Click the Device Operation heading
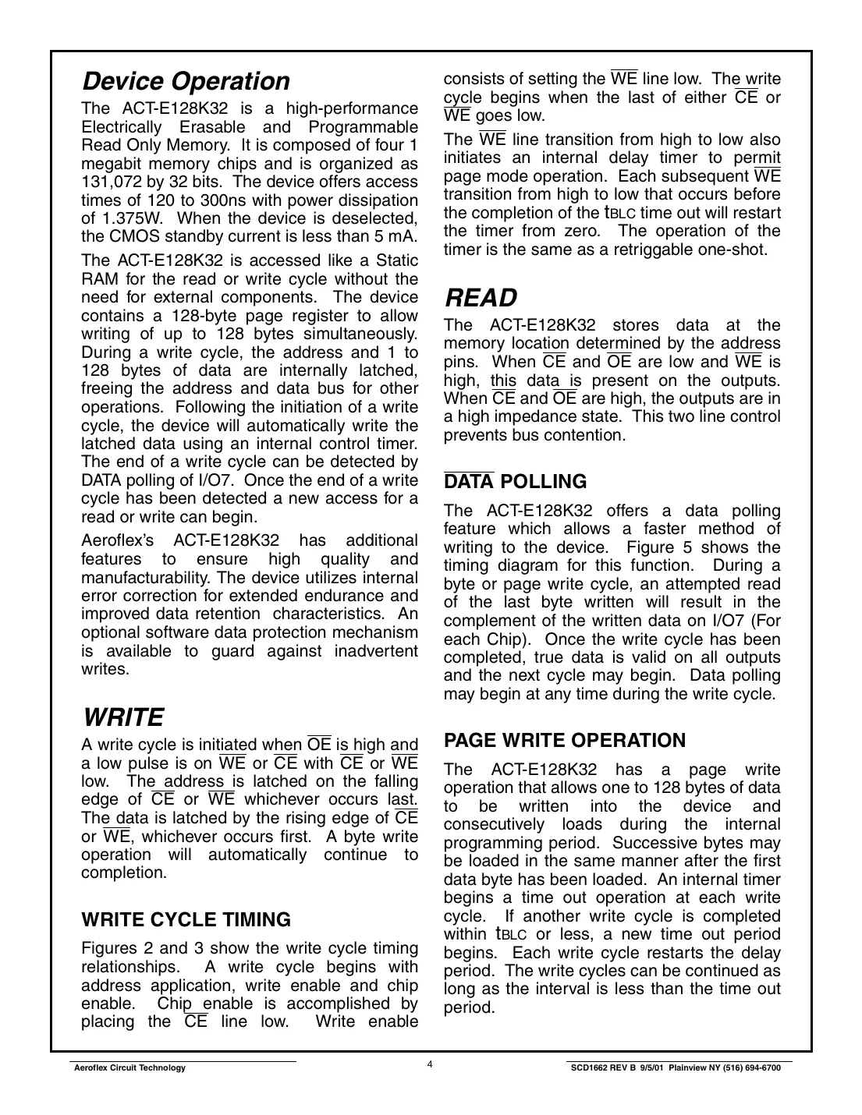tap(186, 81)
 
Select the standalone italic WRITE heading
tap(122, 717)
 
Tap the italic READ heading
tap(481, 298)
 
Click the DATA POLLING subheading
tap(515, 482)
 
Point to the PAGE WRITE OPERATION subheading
tap(565, 740)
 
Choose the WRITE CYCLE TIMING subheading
tap(186, 919)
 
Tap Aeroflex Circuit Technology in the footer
tap(129, 1068)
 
